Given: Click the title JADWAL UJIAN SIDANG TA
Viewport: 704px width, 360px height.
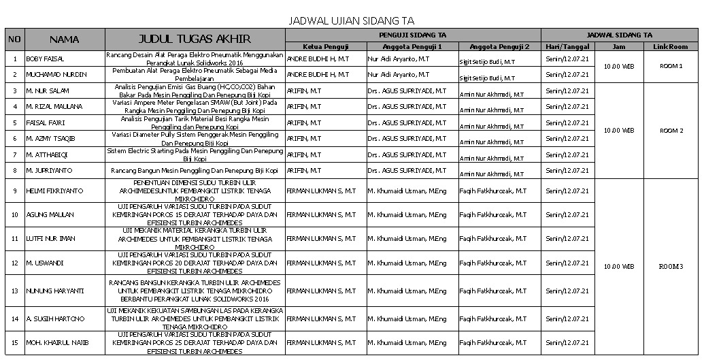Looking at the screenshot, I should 351,21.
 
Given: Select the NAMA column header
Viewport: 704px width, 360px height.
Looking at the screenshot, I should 65,39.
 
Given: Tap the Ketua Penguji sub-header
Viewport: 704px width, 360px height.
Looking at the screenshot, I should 326,46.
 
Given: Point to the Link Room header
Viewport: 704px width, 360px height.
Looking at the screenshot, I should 671,46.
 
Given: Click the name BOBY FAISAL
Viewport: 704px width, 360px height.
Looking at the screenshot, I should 45,59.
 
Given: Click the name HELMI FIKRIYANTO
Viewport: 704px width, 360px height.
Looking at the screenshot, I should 54,191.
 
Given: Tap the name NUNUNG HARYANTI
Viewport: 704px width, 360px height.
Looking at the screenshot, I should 54,291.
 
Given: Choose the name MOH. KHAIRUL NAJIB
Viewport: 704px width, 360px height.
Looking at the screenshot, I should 57,342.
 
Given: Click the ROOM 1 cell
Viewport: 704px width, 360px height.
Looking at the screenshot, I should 671,66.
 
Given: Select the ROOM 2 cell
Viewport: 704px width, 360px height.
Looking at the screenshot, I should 671,130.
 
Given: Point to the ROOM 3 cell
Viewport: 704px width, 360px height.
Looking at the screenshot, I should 671,266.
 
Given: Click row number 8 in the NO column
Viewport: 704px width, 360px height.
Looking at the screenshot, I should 15,171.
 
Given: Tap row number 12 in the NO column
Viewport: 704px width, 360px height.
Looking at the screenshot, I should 15,262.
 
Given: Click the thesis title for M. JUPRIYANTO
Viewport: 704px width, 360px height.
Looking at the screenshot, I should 195,171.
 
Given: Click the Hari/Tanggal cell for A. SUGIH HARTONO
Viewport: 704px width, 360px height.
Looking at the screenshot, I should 567,318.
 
